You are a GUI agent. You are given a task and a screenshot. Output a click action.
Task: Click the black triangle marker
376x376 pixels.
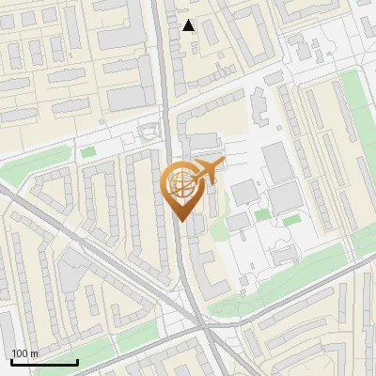(x=189, y=25)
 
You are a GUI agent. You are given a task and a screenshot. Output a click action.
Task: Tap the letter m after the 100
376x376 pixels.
(x=34, y=353)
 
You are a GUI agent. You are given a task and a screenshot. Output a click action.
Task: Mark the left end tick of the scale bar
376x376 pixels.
(x=11, y=361)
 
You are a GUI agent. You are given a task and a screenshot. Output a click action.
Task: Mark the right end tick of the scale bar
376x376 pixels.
(x=77, y=361)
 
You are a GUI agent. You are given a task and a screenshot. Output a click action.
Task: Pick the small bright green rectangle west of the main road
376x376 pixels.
(x=87, y=151)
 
